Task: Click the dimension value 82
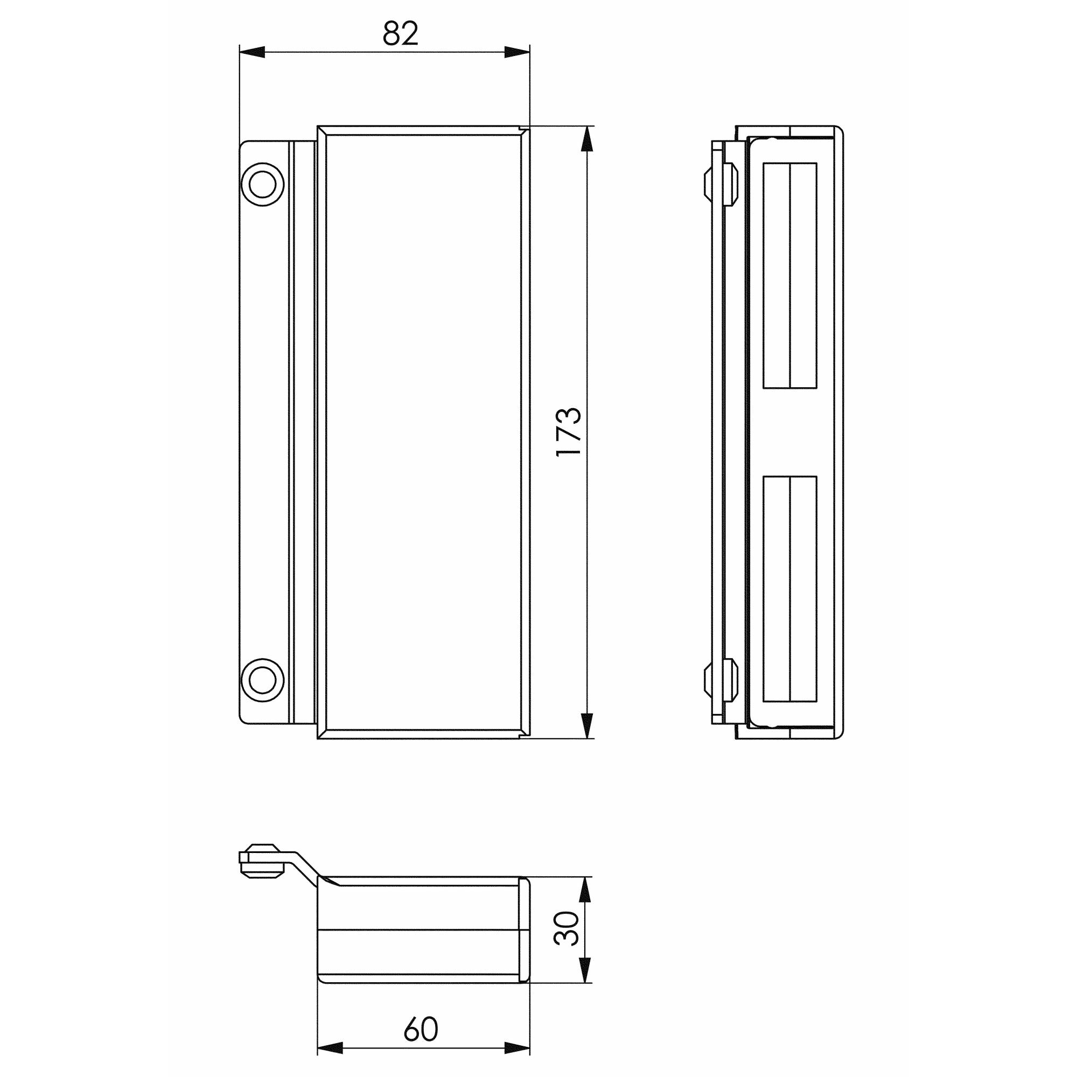pos(400,34)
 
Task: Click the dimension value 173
pos(569,432)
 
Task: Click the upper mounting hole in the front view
pos(262,184)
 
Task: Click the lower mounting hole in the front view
pos(262,681)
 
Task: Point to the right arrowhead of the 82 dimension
pos(517,52)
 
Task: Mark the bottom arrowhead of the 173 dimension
pos(586,725)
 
